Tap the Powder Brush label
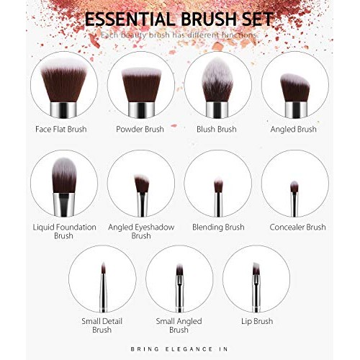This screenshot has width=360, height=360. click(140, 130)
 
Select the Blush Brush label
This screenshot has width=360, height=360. click(217, 130)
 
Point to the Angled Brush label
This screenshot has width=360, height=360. click(293, 130)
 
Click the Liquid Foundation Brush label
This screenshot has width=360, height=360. click(64, 231)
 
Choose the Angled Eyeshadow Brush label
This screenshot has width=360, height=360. click(140, 231)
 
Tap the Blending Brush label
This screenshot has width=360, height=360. click(217, 227)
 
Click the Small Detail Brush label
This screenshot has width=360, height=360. click(102, 325)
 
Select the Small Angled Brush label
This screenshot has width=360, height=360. click(179, 325)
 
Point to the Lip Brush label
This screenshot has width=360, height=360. click(256, 320)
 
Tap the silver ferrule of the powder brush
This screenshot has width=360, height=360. click(140, 109)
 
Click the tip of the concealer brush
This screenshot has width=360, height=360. click(294, 186)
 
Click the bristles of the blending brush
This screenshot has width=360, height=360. click(217, 185)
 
